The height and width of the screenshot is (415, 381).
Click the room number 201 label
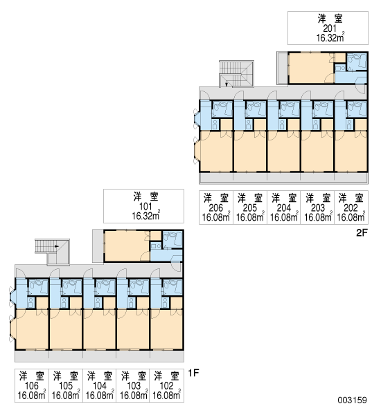[x=330, y=28]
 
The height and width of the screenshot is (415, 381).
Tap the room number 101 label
[x=145, y=206]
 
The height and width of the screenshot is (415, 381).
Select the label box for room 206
[x=216, y=207]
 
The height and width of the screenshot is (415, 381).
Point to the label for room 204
[x=284, y=207]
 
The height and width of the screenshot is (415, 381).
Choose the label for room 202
[x=351, y=207]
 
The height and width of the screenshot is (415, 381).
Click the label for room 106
[x=32, y=386]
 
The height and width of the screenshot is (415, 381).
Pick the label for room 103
[x=133, y=386]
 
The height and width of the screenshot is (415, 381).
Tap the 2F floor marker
[x=362, y=232]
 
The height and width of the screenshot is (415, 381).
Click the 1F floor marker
[x=193, y=373]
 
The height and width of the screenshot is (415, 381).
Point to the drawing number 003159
[x=352, y=400]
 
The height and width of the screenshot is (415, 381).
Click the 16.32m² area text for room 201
[x=330, y=37]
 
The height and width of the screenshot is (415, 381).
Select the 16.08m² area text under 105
[x=66, y=395]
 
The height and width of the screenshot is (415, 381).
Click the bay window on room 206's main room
[x=197, y=151]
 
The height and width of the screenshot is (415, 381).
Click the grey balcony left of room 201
[x=283, y=68]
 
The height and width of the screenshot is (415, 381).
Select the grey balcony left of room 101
[x=98, y=246]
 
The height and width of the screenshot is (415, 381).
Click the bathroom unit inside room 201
[x=357, y=62]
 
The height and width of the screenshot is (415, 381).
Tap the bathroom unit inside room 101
[x=172, y=240]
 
